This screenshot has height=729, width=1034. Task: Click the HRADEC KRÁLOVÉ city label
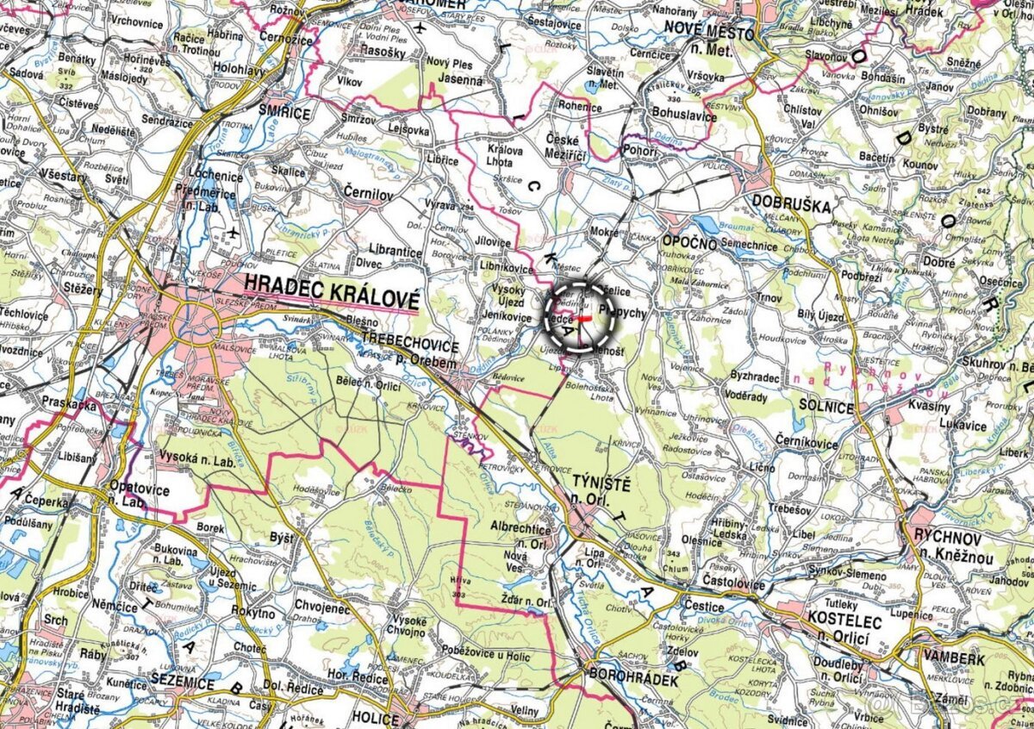(x=332, y=290)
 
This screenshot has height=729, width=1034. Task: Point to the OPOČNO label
(x=689, y=242)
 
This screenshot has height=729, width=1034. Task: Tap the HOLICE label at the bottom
(x=376, y=717)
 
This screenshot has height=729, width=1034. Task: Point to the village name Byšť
(x=282, y=538)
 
